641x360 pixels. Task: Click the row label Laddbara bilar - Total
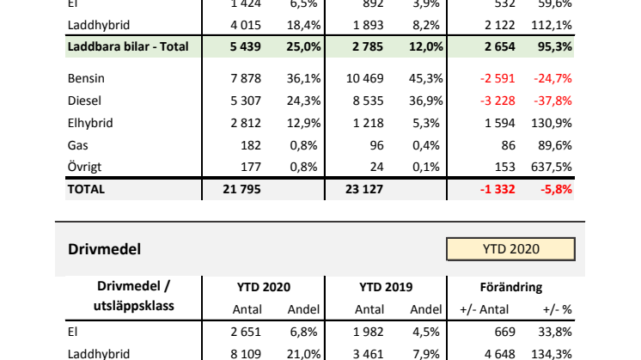coord(127,46)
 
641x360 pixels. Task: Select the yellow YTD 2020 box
coord(510,249)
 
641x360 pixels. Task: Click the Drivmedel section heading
coord(104,249)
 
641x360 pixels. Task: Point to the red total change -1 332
coord(498,189)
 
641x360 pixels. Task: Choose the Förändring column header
coord(512,287)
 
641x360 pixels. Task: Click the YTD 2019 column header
coord(386,287)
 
